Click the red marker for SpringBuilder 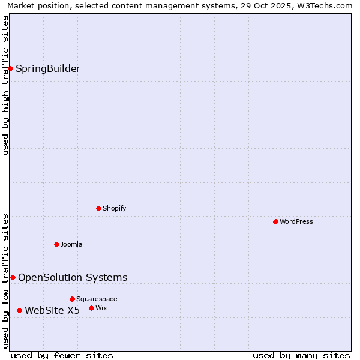[10, 68]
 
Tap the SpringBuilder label [47, 68]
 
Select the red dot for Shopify [98, 208]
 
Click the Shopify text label [114, 208]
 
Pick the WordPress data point [275, 221]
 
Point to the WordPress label [296, 221]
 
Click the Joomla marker [56, 244]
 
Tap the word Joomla [71, 244]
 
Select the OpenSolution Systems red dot [13, 277]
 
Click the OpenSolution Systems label [73, 277]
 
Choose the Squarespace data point [72, 299]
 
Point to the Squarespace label [97, 299]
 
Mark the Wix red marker [91, 308]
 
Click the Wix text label [101, 308]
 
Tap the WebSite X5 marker [19, 310]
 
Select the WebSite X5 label [52, 310]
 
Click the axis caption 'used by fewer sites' [62, 355]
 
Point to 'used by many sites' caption [301, 355]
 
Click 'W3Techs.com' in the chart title [326, 6]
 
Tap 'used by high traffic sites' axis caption [6, 85]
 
